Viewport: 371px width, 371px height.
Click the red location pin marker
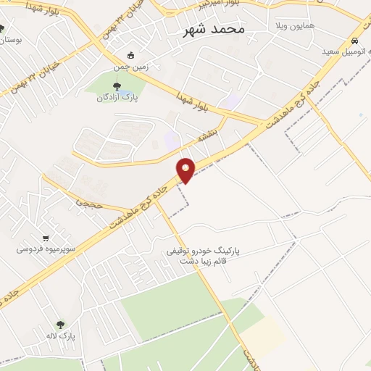tap(186, 170)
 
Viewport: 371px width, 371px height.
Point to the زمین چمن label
tap(130, 66)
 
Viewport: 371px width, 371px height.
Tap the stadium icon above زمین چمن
tap(130, 55)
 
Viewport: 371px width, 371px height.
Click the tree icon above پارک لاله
tap(60, 325)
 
